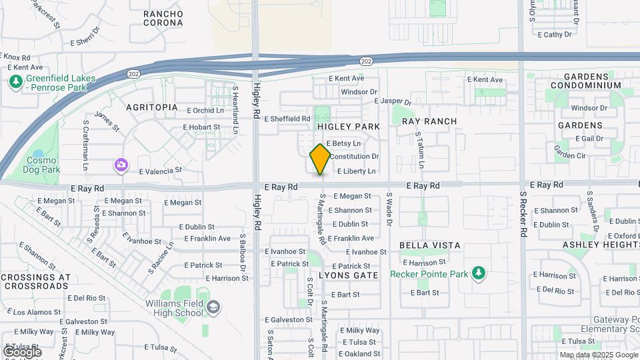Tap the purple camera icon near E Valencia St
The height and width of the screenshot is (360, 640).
(121, 165)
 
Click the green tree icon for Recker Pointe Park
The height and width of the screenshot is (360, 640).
(477, 272)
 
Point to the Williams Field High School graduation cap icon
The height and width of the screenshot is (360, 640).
(213, 307)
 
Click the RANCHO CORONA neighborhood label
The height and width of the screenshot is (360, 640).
(163, 18)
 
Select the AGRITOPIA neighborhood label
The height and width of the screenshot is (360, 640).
(152, 107)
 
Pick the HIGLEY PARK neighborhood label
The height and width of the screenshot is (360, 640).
(348, 127)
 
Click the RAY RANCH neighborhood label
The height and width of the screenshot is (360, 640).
(429, 121)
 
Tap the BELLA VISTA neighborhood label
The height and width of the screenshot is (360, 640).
(430, 245)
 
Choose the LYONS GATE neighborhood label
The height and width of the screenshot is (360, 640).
(348, 275)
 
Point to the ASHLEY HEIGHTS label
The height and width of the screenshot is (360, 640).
(601, 245)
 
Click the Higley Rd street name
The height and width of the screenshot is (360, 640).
(257, 100)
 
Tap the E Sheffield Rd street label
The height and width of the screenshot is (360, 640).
(287, 119)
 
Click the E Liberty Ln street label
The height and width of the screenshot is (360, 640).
(356, 171)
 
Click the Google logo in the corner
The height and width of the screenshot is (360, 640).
(22, 351)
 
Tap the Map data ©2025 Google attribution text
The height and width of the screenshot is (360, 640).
(599, 355)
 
